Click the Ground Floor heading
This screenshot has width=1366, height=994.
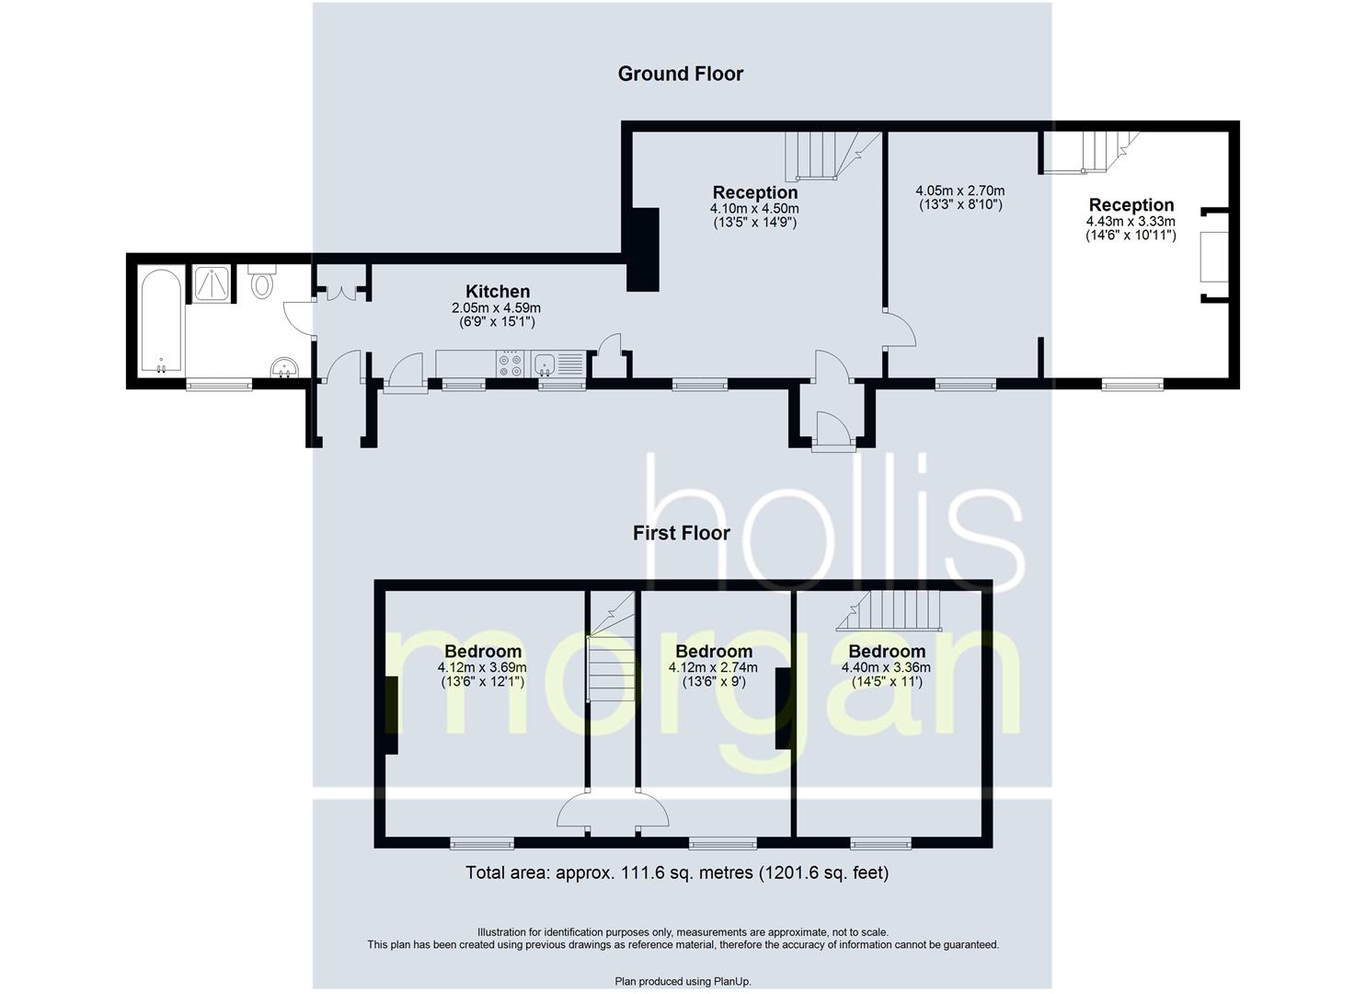680,74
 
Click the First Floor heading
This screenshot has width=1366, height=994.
681,533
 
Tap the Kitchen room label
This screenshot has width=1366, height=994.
497,292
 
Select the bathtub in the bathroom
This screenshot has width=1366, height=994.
161,321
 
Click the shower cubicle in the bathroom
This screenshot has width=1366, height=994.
214,283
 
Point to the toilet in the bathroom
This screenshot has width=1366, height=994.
261,281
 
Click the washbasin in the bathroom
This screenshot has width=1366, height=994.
285,368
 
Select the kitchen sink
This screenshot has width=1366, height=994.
545,364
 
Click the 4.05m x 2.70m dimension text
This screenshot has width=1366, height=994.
959,198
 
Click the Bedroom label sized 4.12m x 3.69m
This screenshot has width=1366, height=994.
482,652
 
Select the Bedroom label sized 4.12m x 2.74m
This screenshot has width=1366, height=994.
713,652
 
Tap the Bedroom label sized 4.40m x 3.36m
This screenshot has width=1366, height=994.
886,652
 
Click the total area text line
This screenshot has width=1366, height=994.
677,873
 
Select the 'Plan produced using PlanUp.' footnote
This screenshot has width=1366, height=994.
683,981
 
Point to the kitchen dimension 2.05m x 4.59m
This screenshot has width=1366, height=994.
497,308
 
